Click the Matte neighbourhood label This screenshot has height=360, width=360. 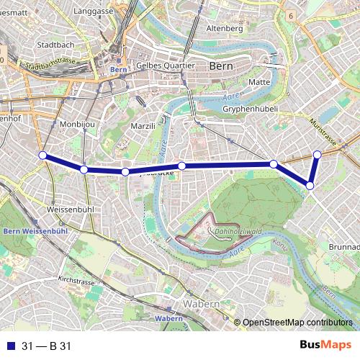click(x=258, y=82)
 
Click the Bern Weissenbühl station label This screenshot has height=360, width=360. click(x=35, y=231)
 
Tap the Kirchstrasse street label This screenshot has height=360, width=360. click(x=77, y=281)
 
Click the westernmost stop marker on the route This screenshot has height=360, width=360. click(x=42, y=156)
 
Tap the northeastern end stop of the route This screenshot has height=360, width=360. click(x=318, y=154)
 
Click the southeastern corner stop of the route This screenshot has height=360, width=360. click(x=310, y=186)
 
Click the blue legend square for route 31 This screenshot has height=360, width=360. click(x=8, y=346)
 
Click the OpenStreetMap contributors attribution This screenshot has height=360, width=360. click(x=297, y=323)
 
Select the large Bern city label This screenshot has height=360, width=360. click(x=220, y=66)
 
